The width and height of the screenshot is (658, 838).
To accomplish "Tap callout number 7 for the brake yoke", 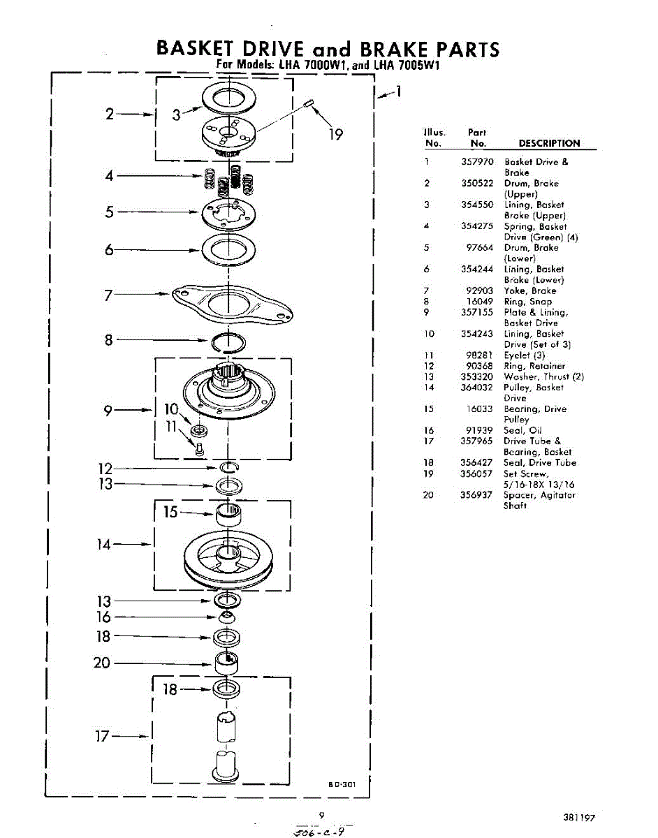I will coord(108,295).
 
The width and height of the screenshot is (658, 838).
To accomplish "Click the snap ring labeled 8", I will coord(228,341).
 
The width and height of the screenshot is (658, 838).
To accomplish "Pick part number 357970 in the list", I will coord(477,162).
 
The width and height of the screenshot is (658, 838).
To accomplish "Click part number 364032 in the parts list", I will coord(477,388).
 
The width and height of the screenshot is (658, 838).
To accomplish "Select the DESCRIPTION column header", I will coord(549,144).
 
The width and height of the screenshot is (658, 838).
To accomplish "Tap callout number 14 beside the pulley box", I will coord(104,544).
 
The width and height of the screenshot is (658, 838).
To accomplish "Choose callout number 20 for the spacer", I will coord(102,663).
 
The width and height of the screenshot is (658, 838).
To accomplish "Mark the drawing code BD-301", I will coord(343,785).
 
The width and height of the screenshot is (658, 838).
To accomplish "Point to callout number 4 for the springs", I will coord(110,176).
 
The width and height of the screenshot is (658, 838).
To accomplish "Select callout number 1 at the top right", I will coord(397,91).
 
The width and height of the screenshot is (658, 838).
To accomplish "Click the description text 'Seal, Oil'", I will coord(522,431).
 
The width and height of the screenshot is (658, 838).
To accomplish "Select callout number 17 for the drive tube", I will coord(103,736).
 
